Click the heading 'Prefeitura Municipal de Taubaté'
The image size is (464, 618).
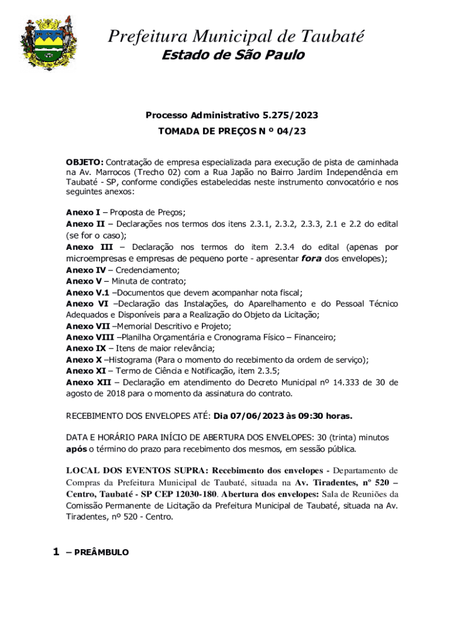pyautogui.click(x=236, y=37)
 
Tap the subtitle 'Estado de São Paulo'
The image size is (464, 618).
pyautogui.click(x=233, y=56)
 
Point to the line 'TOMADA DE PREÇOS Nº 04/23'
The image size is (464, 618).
pyautogui.click(x=232, y=130)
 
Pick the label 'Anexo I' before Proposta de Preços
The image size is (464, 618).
pyautogui.click(x=83, y=212)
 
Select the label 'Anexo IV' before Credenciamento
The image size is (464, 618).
pyautogui.click(x=85, y=270)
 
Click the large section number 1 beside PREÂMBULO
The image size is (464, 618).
pyautogui.click(x=56, y=552)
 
